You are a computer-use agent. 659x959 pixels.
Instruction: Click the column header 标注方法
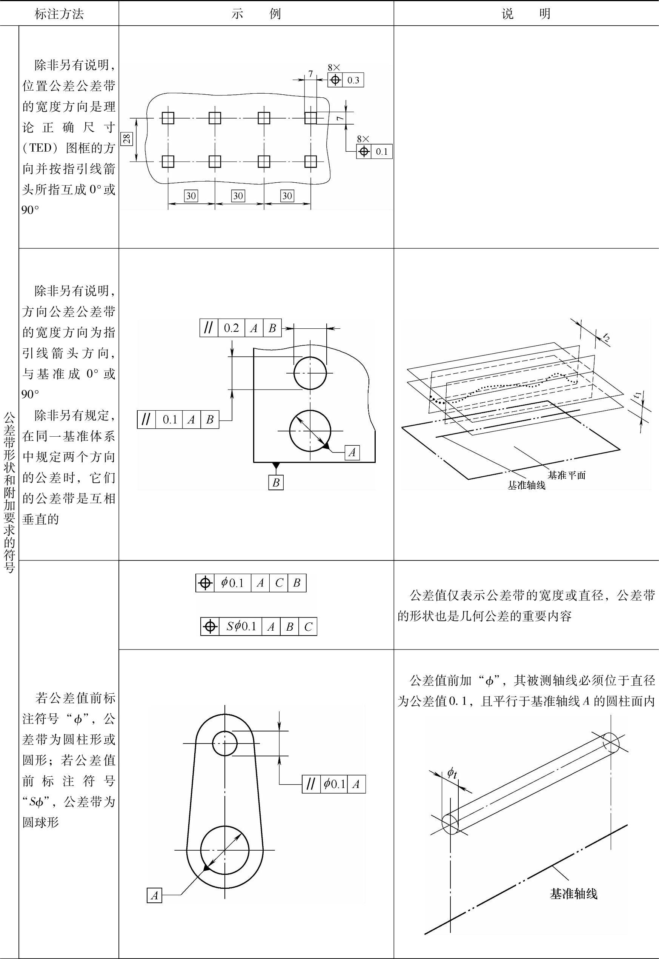[x=59, y=14]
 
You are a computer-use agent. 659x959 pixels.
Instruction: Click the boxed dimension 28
[x=127, y=139]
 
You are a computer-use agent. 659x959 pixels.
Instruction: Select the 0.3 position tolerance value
[x=353, y=80]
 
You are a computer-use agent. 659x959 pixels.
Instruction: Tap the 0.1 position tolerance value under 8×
[x=381, y=152]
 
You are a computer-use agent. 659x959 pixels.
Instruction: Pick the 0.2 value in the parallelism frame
[x=231, y=328]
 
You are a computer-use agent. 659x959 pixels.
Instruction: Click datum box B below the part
[x=276, y=482]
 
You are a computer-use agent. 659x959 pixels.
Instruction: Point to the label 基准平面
[x=567, y=475]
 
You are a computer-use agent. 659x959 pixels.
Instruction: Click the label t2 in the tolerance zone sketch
[x=606, y=337]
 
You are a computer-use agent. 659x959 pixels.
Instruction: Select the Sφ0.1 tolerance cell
[x=241, y=627]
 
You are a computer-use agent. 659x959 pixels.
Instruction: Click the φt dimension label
[x=452, y=772]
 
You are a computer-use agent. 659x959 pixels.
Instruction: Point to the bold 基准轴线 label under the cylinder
[x=573, y=894]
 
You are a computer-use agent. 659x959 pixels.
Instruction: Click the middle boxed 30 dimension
[x=238, y=196]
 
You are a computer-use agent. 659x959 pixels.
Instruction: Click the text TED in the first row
[x=40, y=148]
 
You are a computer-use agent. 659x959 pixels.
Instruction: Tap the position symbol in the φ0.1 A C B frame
[x=205, y=583]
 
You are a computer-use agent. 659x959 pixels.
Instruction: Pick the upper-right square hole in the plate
[x=310, y=118]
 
